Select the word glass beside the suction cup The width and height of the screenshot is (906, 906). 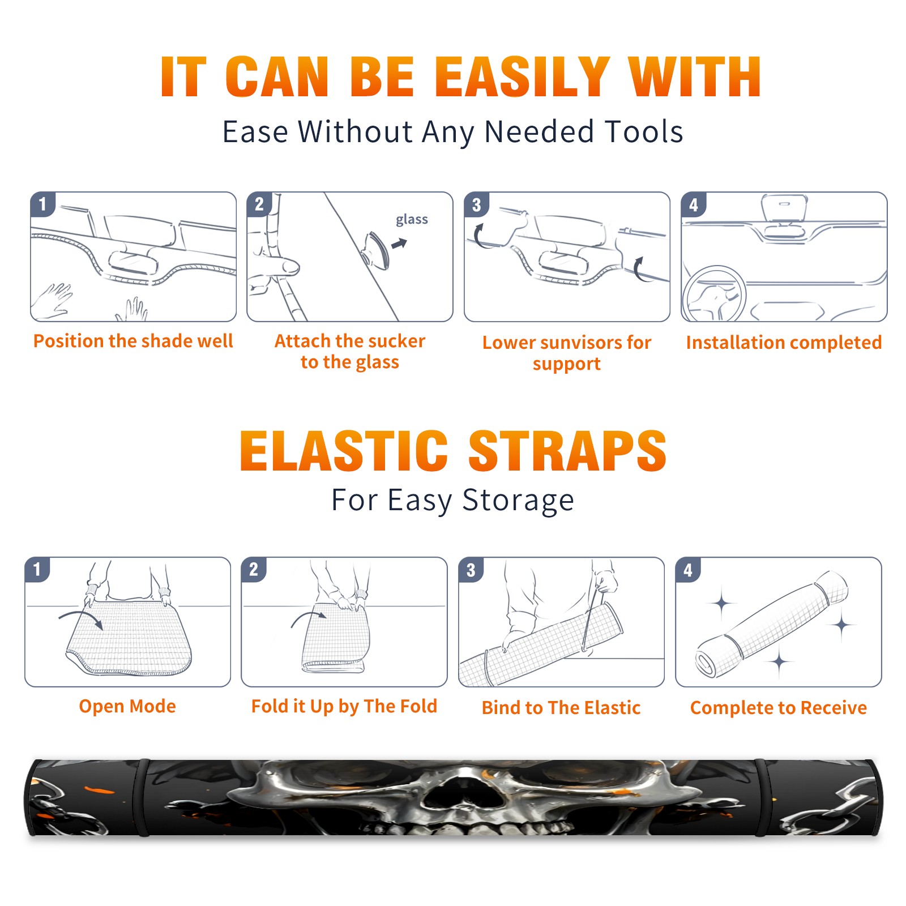pos(412,220)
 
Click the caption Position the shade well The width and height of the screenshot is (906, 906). pos(133,341)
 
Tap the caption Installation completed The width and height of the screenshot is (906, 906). pos(784,343)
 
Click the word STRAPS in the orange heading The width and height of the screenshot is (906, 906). pos(567,451)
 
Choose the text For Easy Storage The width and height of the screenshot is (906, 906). pos(453,501)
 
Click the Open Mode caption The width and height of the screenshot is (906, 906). pos(127,706)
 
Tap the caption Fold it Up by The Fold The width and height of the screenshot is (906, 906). pos(344,706)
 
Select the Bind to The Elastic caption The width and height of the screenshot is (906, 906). pos(561,708)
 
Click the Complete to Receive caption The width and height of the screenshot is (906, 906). pos(779,708)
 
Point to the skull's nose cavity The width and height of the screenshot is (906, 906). pos(453,793)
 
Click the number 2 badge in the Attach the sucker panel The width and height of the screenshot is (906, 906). pos(259,204)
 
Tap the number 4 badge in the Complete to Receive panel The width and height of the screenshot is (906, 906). pos(688,570)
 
